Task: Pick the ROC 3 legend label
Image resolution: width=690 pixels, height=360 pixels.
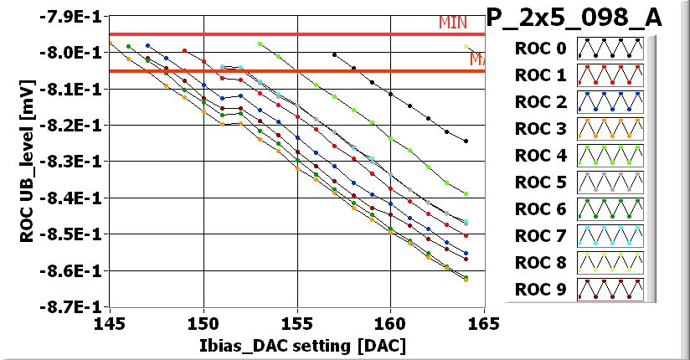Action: pos(539,128)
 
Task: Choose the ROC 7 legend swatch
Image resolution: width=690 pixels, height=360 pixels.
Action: pos(610,235)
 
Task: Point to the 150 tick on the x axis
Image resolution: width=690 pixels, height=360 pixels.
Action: pos(203,322)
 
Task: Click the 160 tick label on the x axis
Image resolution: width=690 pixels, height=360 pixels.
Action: pos(390,322)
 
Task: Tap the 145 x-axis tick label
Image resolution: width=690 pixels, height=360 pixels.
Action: pos(110,322)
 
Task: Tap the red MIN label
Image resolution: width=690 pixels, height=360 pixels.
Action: pos(453,23)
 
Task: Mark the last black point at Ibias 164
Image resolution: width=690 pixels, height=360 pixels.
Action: pos(466,141)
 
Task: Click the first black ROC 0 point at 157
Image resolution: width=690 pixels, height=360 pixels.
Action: pos(335,54)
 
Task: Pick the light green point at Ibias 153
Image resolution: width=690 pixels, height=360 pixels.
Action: pos(260,44)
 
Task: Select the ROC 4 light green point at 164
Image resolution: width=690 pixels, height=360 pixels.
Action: pos(466,193)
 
